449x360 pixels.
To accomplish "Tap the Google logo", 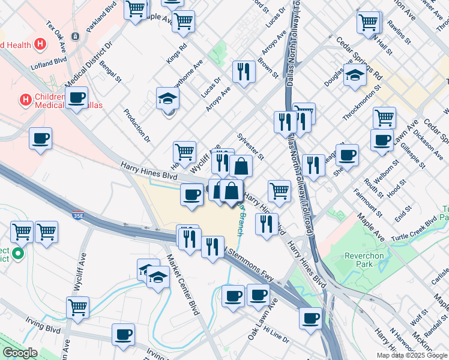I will coord(20,353).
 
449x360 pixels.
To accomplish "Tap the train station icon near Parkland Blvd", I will coord(75,37).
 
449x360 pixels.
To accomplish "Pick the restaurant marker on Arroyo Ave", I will coord(244,72).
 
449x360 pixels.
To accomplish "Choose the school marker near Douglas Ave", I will coord(355,76).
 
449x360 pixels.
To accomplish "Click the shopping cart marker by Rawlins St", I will coord(369,23).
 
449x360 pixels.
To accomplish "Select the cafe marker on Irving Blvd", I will coord(124,335).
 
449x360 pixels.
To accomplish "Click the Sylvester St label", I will coord(251,143).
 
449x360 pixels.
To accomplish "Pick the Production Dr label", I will coord(137,125).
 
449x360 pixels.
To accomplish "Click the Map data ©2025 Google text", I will coord(412,355).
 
